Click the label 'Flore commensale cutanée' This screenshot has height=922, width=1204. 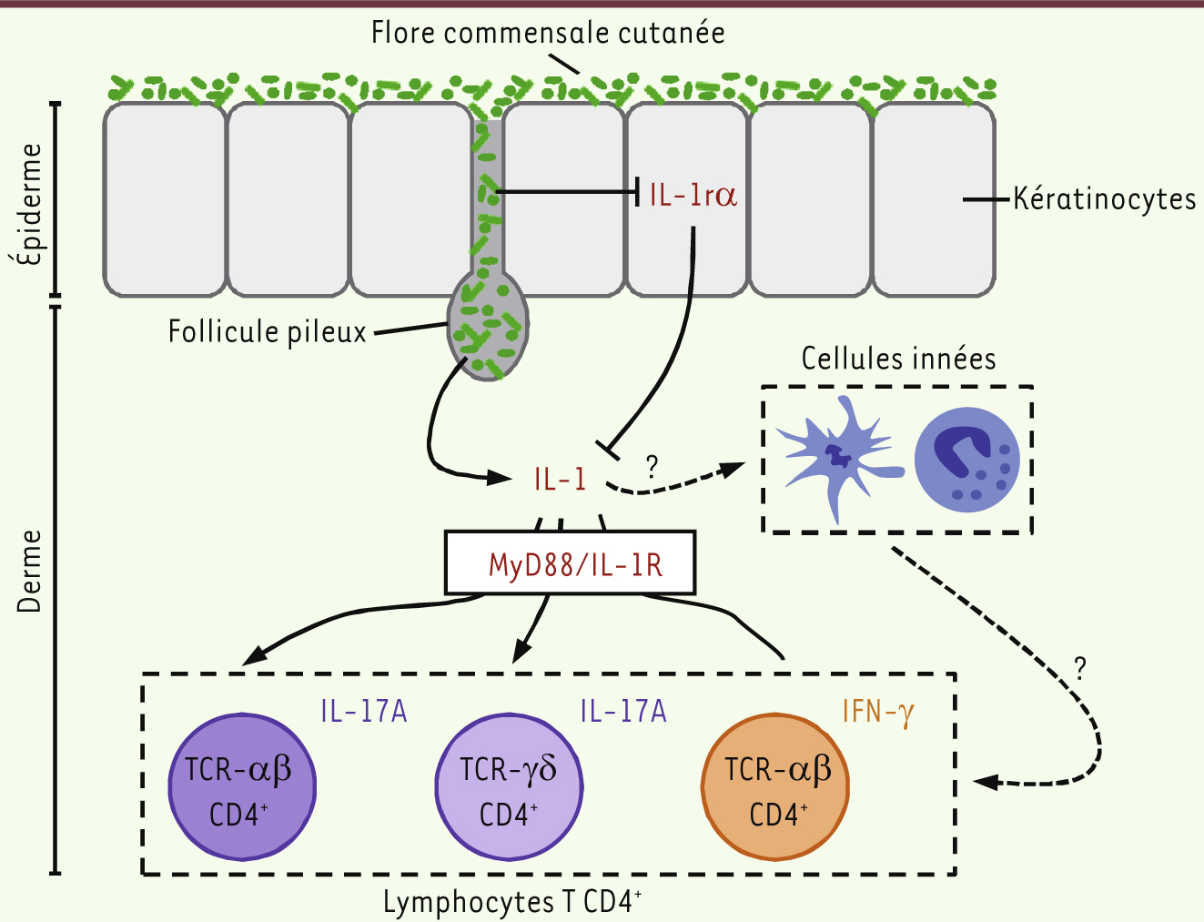tap(548, 33)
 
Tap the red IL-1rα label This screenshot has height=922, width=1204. tap(693, 195)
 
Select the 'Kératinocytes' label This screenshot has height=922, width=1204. tap(1104, 198)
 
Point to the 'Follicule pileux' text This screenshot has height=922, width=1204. tap(267, 331)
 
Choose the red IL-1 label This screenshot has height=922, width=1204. tap(560, 479)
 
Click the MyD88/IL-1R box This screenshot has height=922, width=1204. tap(571, 564)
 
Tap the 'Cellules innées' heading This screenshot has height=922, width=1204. tap(898, 359)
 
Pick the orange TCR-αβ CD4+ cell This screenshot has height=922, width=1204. tap(775, 787)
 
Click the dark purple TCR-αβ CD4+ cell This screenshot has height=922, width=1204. tap(242, 787)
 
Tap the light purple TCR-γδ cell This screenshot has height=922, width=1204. tap(509, 787)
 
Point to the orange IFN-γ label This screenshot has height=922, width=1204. tap(877, 711)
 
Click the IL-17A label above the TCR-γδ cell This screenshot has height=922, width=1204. tap(623, 711)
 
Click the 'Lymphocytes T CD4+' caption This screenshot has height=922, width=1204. tap(511, 902)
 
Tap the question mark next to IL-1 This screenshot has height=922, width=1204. tap(652, 467)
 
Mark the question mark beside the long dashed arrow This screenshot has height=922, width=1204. tap(1080, 668)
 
